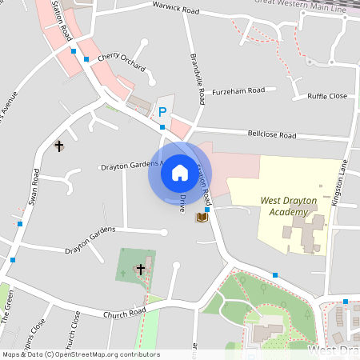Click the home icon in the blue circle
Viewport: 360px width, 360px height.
[180, 173]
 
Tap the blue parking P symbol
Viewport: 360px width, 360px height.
[162, 113]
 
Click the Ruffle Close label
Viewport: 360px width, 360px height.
[327, 96]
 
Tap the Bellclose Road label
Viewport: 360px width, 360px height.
[271, 135]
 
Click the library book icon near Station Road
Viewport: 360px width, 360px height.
[202, 218]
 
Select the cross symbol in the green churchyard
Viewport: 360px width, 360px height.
[141, 269]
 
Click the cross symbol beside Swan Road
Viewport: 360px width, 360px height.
[58, 146]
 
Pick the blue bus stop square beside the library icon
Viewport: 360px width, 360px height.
[207, 210]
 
